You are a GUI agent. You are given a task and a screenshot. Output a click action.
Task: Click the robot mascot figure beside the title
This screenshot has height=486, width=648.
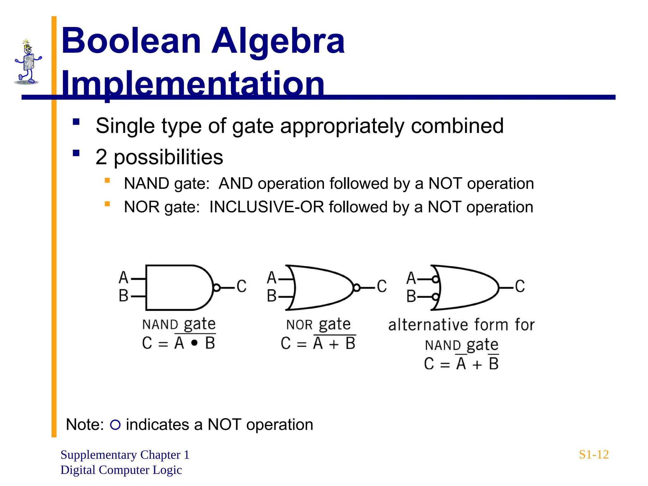(28, 62)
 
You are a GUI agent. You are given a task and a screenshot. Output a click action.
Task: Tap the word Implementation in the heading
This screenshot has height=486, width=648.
(192, 84)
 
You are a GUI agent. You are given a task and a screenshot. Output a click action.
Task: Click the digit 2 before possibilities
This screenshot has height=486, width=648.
(101, 157)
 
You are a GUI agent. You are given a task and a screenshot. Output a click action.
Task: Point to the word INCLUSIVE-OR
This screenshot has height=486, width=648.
(266, 207)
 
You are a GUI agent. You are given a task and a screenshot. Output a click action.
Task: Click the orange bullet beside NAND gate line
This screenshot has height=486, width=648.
(107, 181)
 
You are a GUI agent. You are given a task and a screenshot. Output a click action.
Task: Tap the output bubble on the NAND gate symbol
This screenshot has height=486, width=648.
(217, 288)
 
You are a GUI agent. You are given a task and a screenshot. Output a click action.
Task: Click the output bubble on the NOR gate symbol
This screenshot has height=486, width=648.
(357, 288)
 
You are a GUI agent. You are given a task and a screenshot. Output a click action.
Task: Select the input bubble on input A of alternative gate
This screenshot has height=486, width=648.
(436, 279)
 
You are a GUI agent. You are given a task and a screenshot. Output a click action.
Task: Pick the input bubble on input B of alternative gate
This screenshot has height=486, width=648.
(436, 297)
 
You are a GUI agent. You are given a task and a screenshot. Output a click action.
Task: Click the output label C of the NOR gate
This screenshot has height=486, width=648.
(382, 286)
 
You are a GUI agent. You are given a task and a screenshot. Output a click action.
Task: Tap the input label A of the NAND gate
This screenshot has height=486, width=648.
(123, 277)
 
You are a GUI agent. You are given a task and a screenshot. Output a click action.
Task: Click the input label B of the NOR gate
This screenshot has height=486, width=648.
(271, 296)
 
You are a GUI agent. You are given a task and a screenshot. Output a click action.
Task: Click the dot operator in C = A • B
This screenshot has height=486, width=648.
(195, 343)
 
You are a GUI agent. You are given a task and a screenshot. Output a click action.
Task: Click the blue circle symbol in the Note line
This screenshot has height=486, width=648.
(115, 425)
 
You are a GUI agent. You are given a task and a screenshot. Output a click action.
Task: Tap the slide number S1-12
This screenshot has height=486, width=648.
(594, 455)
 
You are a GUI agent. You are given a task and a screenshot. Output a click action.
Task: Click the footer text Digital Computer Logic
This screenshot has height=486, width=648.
(121, 470)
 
